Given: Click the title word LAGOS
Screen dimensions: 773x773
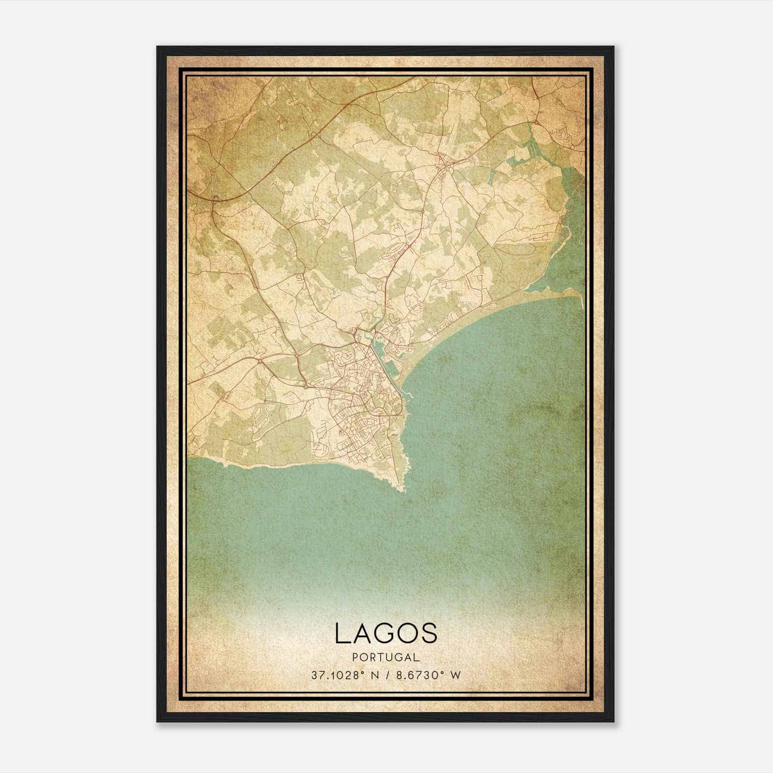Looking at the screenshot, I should (x=386, y=633).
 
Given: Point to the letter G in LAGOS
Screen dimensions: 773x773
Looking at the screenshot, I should (x=386, y=633).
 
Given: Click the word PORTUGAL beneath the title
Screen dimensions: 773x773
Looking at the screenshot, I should (x=386, y=657).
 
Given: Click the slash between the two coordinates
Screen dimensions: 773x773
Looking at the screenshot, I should (x=386, y=675).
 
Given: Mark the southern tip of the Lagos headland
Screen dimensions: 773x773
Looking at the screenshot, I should (x=401, y=490).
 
